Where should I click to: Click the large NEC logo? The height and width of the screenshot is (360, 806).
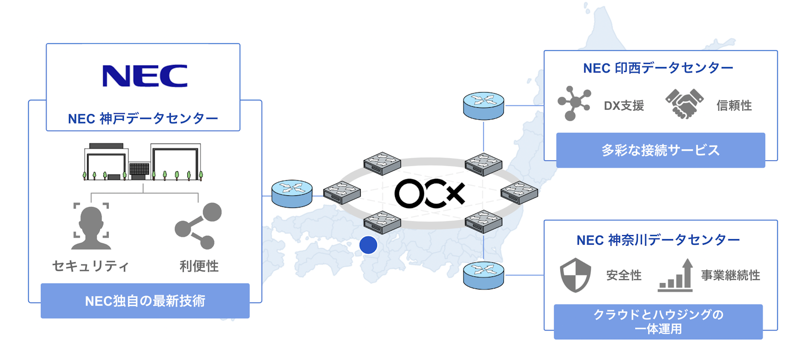145,76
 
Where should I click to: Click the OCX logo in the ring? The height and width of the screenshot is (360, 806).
429,193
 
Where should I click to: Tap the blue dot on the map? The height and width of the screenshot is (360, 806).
368,245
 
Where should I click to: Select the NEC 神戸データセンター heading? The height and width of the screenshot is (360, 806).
143,119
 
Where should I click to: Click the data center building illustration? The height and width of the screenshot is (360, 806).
143,162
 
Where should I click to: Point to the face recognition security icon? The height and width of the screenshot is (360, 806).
91,227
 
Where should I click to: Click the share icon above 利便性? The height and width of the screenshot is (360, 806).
198,226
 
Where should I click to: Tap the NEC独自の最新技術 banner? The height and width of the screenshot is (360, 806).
145,301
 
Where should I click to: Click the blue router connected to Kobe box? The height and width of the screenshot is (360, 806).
292,194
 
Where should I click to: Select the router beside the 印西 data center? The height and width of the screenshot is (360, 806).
483,106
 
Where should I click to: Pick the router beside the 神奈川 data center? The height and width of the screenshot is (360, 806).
483,275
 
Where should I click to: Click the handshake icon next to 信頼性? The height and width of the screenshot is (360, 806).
684,104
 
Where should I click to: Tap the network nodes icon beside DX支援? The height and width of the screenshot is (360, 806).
574,103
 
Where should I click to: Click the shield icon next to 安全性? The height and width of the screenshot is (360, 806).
575,275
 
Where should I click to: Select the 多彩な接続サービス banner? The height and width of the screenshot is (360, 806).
660,150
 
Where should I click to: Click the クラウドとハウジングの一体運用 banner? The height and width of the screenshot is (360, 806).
658,322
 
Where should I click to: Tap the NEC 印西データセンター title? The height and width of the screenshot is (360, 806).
658,68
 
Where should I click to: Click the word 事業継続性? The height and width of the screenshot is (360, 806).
730,275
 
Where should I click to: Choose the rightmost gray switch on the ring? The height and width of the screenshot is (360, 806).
519,192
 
